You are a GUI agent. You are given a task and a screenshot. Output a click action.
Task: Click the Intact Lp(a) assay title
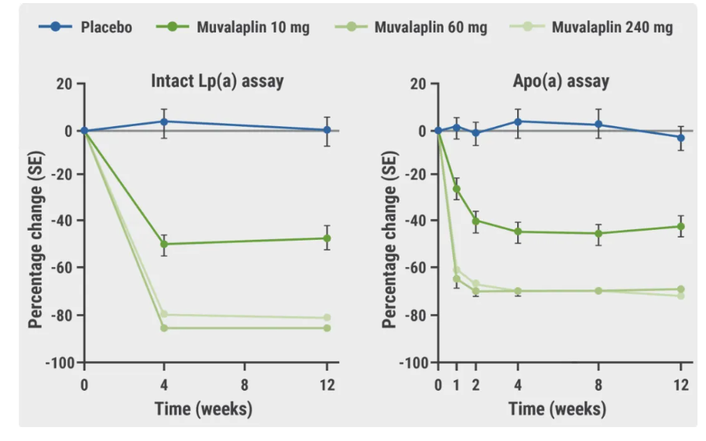coord(217,80)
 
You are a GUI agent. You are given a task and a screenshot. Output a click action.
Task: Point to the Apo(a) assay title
coord(560,80)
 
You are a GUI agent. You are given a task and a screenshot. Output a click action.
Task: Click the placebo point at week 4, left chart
coord(164,121)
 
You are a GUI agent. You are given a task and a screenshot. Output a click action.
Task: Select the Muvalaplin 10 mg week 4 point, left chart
coord(164,244)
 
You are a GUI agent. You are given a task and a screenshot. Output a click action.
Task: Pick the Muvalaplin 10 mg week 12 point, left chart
coord(327,238)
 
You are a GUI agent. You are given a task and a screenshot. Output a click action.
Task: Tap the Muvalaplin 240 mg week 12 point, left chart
coord(327,318)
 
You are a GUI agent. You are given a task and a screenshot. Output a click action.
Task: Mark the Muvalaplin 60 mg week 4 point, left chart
coord(164,328)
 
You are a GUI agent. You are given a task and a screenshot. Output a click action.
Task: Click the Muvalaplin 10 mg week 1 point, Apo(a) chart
coord(457,189)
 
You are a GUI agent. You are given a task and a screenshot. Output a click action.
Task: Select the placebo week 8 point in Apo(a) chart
coord(598,125)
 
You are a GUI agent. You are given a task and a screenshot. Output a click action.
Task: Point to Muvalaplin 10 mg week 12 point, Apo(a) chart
coord(680,227)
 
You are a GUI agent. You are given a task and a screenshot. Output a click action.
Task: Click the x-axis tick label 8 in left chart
coord(245,385)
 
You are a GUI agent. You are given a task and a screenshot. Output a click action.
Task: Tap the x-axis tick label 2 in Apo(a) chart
coord(476,385)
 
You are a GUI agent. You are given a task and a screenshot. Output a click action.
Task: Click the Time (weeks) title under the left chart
coord(203,409)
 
